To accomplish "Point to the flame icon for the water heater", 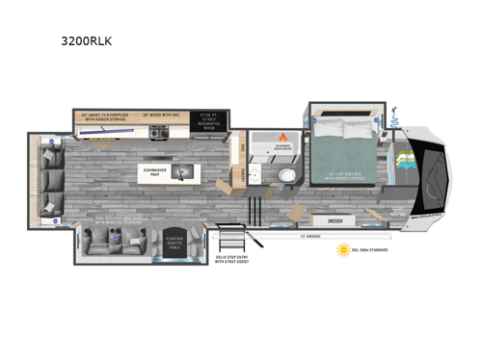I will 283,136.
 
